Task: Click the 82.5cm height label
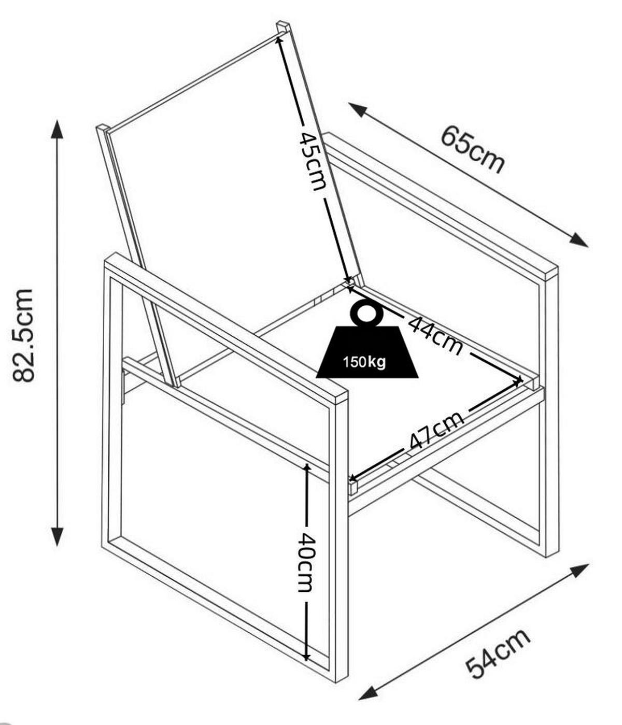24,336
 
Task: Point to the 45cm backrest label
313,161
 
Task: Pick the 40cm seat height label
305,562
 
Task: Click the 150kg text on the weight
364,362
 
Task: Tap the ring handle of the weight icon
366,314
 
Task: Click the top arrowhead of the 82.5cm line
57,128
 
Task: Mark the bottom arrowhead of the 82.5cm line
57,537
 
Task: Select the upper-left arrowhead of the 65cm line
357,108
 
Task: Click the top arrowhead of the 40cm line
307,468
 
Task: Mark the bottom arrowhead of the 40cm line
307,656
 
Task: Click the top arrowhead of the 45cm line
280,39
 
